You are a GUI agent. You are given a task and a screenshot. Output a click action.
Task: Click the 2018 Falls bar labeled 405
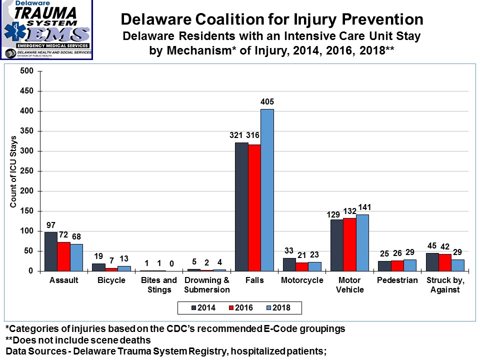267,190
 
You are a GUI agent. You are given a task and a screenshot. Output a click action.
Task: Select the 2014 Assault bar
51,251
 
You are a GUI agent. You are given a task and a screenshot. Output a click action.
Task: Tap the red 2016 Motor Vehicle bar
349,244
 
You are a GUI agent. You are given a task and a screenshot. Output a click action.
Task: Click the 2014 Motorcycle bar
289,264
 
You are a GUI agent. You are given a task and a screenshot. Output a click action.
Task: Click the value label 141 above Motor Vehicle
362,207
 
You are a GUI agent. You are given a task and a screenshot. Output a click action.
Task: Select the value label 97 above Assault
51,224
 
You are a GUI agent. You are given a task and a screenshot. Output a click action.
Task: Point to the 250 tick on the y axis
27,171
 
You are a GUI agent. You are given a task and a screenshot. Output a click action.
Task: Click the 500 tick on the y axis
27,71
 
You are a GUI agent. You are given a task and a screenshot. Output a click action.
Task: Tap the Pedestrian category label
397,280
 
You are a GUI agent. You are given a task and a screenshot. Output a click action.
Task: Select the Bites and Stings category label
159,285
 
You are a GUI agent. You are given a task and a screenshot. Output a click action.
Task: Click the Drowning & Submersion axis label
207,285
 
